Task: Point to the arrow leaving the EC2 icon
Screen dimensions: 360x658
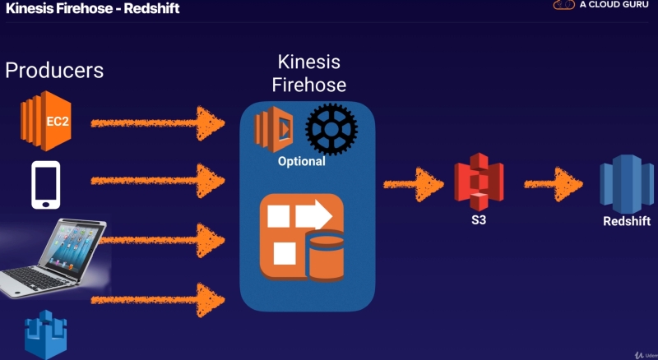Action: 156,123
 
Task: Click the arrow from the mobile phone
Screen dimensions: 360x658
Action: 156,178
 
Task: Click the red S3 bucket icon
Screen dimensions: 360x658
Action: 478,186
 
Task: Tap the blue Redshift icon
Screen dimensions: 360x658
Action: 626,185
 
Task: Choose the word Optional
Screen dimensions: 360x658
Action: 301,161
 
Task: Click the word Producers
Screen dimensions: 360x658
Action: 54,70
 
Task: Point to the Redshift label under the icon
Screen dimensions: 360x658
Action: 627,221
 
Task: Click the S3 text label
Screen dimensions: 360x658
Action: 478,221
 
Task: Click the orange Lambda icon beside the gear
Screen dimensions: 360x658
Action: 274,129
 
